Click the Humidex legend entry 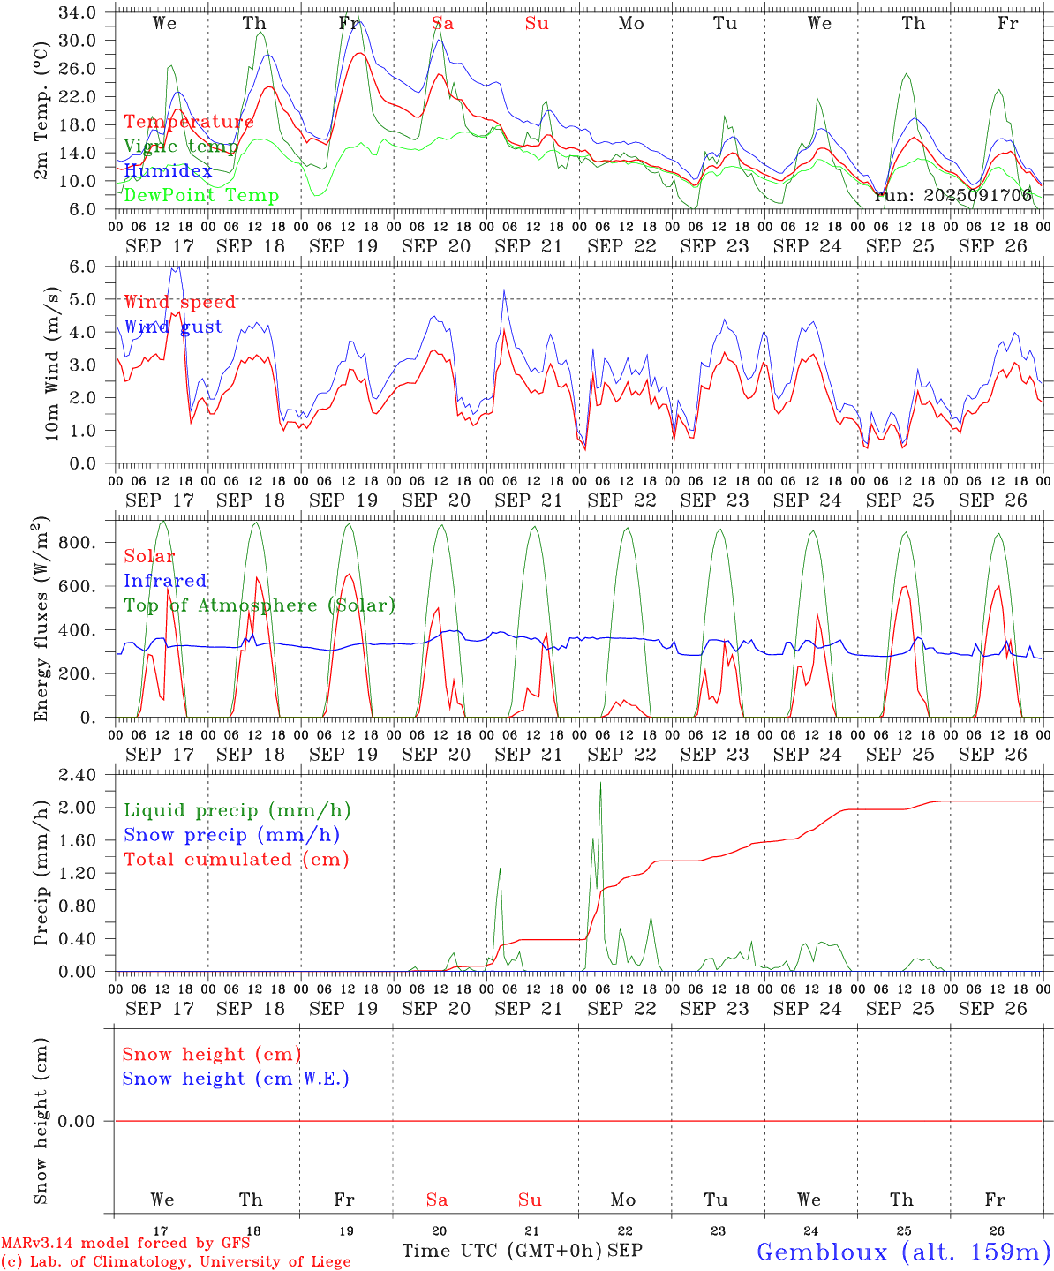168,171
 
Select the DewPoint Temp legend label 201,196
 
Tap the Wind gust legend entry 173,327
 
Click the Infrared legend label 165,581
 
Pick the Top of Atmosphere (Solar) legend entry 260,605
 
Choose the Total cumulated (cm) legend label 237,859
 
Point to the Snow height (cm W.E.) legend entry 236,1079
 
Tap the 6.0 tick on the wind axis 94,267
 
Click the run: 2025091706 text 952,196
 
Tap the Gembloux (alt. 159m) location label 903,1251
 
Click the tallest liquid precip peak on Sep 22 600,783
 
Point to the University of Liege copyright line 176,1262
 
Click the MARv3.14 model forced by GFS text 125,1244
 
